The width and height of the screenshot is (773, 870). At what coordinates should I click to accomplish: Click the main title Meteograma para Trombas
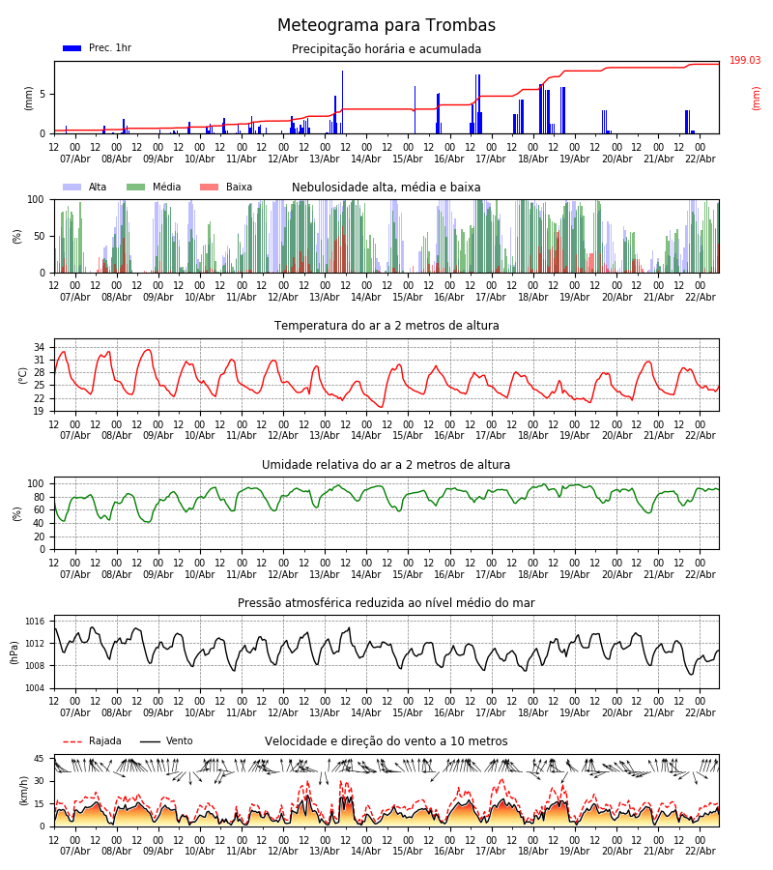point(386,26)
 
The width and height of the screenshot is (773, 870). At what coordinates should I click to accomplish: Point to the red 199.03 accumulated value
point(745,61)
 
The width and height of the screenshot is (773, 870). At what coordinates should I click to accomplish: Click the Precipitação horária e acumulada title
point(386,49)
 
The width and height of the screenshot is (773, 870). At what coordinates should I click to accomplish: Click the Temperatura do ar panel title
point(386,326)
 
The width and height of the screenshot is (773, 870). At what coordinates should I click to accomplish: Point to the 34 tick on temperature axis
point(39,347)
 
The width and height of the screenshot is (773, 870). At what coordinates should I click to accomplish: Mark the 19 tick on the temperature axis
point(39,411)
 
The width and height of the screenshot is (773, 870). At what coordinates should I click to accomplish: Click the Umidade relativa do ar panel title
point(386,465)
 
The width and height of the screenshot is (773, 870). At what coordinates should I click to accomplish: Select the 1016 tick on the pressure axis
point(35,622)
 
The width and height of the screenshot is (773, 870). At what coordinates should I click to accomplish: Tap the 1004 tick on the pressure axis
point(35,688)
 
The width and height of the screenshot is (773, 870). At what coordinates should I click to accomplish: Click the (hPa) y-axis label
point(15,652)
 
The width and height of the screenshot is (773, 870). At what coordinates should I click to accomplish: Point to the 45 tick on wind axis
point(39,759)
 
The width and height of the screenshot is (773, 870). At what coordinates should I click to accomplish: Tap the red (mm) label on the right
point(757,98)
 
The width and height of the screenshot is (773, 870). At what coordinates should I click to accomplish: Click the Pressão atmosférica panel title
point(386,603)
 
